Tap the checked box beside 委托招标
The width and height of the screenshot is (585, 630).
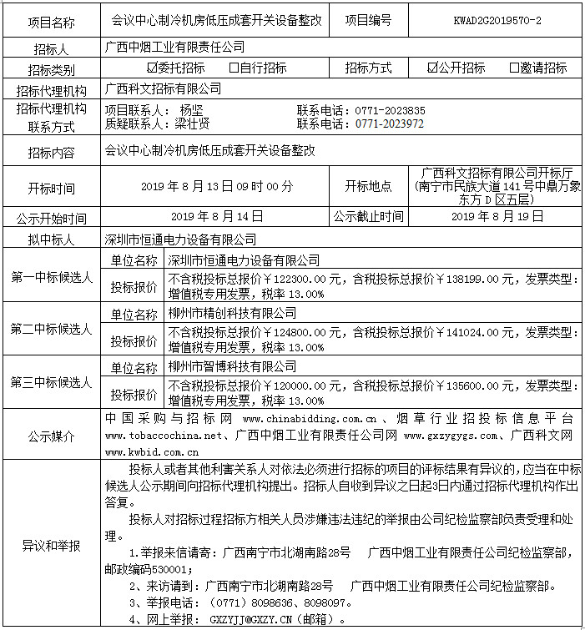(x=152, y=68)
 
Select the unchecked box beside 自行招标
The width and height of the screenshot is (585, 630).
(x=235, y=68)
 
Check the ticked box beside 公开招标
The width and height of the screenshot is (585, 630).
(x=432, y=68)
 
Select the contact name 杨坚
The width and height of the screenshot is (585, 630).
(x=191, y=110)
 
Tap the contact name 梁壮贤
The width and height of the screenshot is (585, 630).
(x=192, y=123)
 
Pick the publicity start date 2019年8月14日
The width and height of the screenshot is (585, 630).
(x=217, y=216)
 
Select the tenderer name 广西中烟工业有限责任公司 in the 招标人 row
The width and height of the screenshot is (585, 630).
(x=175, y=46)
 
